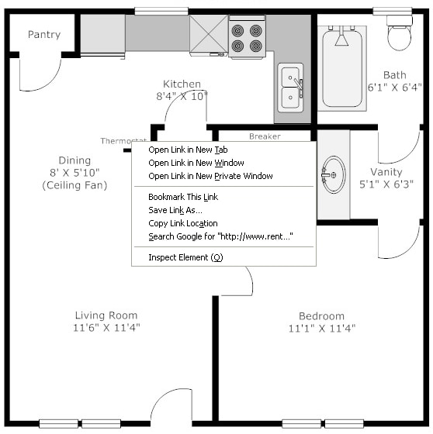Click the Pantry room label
(44, 35)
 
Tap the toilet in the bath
(399, 33)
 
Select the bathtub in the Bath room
(342, 69)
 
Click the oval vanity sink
(334, 174)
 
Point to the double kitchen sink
(290, 88)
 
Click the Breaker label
(265, 136)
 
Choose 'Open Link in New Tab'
(188, 150)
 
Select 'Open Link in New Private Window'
(210, 176)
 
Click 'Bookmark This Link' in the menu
(183, 197)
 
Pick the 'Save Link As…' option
(175, 210)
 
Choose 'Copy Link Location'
(183, 223)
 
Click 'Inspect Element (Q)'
(185, 257)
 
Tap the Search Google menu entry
(220, 236)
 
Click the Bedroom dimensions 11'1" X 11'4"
(322, 329)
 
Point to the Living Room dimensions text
(106, 328)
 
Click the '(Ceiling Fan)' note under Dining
(74, 185)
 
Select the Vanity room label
(386, 172)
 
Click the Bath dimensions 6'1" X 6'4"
(395, 88)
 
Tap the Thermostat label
(123, 141)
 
